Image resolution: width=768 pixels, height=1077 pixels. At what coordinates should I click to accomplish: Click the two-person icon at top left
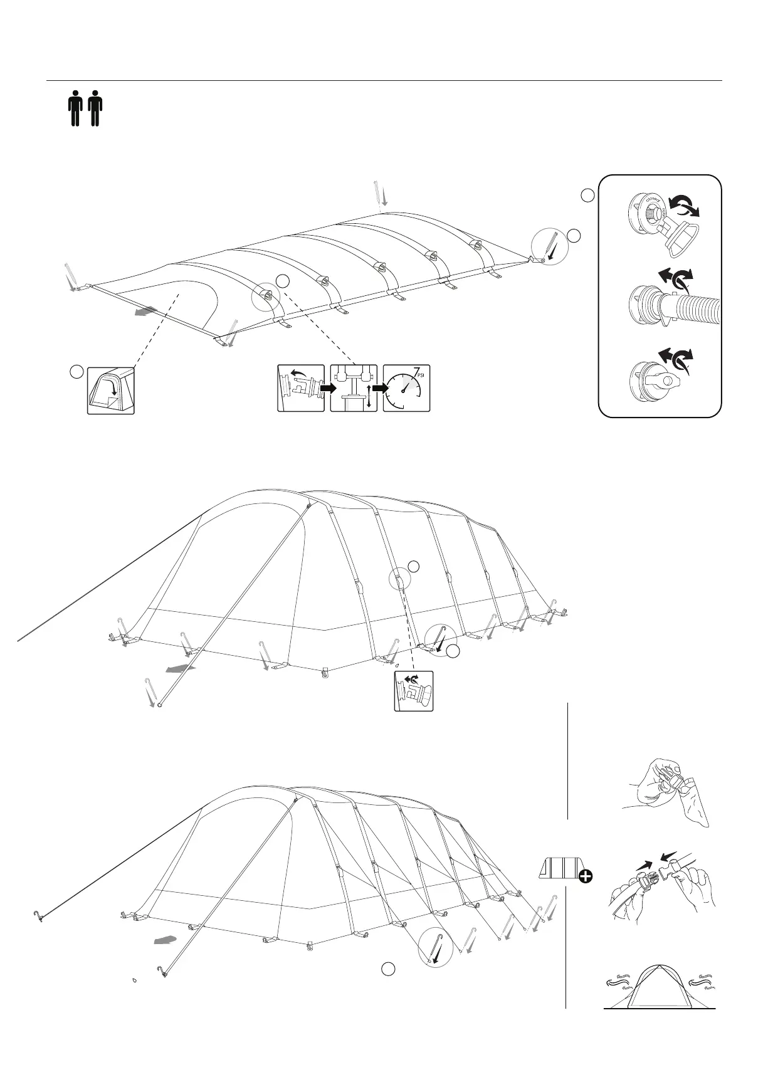[x=85, y=108]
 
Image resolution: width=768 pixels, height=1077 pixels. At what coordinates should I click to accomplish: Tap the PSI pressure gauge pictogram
[x=406, y=388]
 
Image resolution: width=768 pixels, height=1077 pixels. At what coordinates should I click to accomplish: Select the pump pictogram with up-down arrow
[x=354, y=388]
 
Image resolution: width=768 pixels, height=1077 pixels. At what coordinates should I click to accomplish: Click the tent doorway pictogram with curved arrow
[x=111, y=391]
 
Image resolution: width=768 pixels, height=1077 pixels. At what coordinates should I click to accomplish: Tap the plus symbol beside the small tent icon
[x=585, y=876]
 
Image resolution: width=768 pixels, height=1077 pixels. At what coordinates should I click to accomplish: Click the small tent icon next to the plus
[x=560, y=868]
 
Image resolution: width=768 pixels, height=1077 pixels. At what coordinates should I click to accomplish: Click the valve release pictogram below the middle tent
[x=414, y=691]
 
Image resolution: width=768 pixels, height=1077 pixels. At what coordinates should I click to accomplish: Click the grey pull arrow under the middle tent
[x=180, y=670]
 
